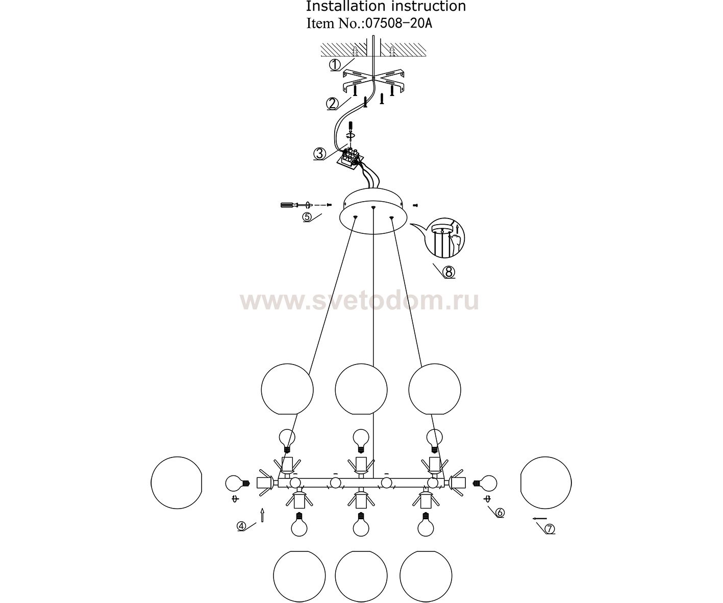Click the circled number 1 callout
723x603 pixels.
[x=334, y=65]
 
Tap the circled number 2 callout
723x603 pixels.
[x=332, y=104]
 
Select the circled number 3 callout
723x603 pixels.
[x=319, y=154]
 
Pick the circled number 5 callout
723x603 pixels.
[x=307, y=217]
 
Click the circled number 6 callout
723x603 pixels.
[x=500, y=512]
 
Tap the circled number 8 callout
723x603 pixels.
[x=449, y=272]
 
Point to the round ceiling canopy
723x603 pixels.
[x=373, y=211]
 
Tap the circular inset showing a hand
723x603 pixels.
[x=444, y=238]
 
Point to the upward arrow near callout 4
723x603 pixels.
[x=262, y=515]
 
